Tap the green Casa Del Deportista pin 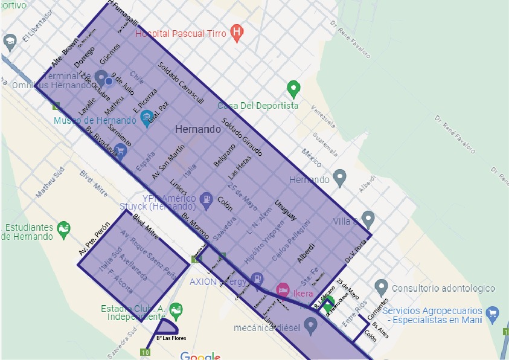click(x=293, y=89)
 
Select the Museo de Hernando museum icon click(x=146, y=117)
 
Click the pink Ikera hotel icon click(x=282, y=289)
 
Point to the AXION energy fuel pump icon click(x=257, y=278)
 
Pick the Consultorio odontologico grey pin click(x=380, y=286)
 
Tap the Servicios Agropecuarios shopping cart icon click(x=493, y=312)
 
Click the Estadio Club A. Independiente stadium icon click(x=176, y=310)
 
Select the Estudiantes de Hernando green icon click(x=63, y=228)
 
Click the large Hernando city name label click(x=197, y=129)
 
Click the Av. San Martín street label click(x=168, y=161)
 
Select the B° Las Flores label click(x=171, y=338)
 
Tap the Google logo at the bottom click(x=200, y=356)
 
